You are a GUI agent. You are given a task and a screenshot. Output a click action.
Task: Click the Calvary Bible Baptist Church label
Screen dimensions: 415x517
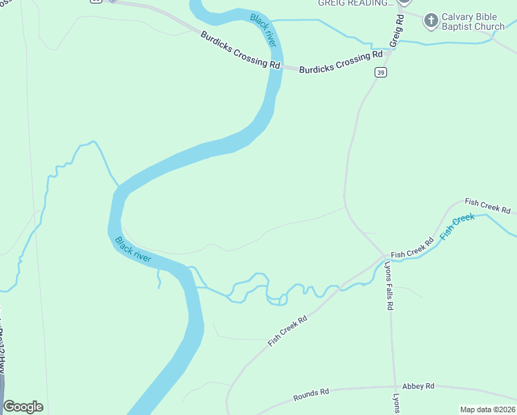coord(473,21)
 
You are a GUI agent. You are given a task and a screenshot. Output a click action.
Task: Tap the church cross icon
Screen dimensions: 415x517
coord(431,21)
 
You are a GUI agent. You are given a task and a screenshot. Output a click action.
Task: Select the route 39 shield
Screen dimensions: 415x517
coord(381,72)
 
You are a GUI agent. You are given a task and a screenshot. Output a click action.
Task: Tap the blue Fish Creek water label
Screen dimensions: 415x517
coord(457,226)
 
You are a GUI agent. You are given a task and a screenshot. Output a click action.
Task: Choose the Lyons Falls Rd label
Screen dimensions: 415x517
coord(389,285)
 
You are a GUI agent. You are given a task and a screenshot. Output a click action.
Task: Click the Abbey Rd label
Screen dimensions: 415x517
coord(419,386)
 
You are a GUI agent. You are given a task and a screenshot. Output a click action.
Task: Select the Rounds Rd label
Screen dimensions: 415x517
coord(311,395)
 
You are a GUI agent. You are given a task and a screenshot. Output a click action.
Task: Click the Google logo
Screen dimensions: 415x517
coord(23,407)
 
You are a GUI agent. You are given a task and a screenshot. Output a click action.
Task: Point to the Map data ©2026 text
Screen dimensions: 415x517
coord(487,409)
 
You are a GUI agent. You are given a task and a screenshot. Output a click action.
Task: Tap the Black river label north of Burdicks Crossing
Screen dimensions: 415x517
coord(263,30)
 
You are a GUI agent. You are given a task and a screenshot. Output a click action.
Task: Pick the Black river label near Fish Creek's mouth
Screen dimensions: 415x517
coord(133,249)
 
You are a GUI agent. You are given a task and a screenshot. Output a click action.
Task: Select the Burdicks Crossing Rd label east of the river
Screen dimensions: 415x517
coord(341,62)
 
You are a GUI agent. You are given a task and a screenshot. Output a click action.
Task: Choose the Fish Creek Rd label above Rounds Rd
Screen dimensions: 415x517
coord(288,328)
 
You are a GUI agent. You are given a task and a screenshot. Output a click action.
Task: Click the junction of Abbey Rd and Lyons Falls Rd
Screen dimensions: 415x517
coord(394,387)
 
